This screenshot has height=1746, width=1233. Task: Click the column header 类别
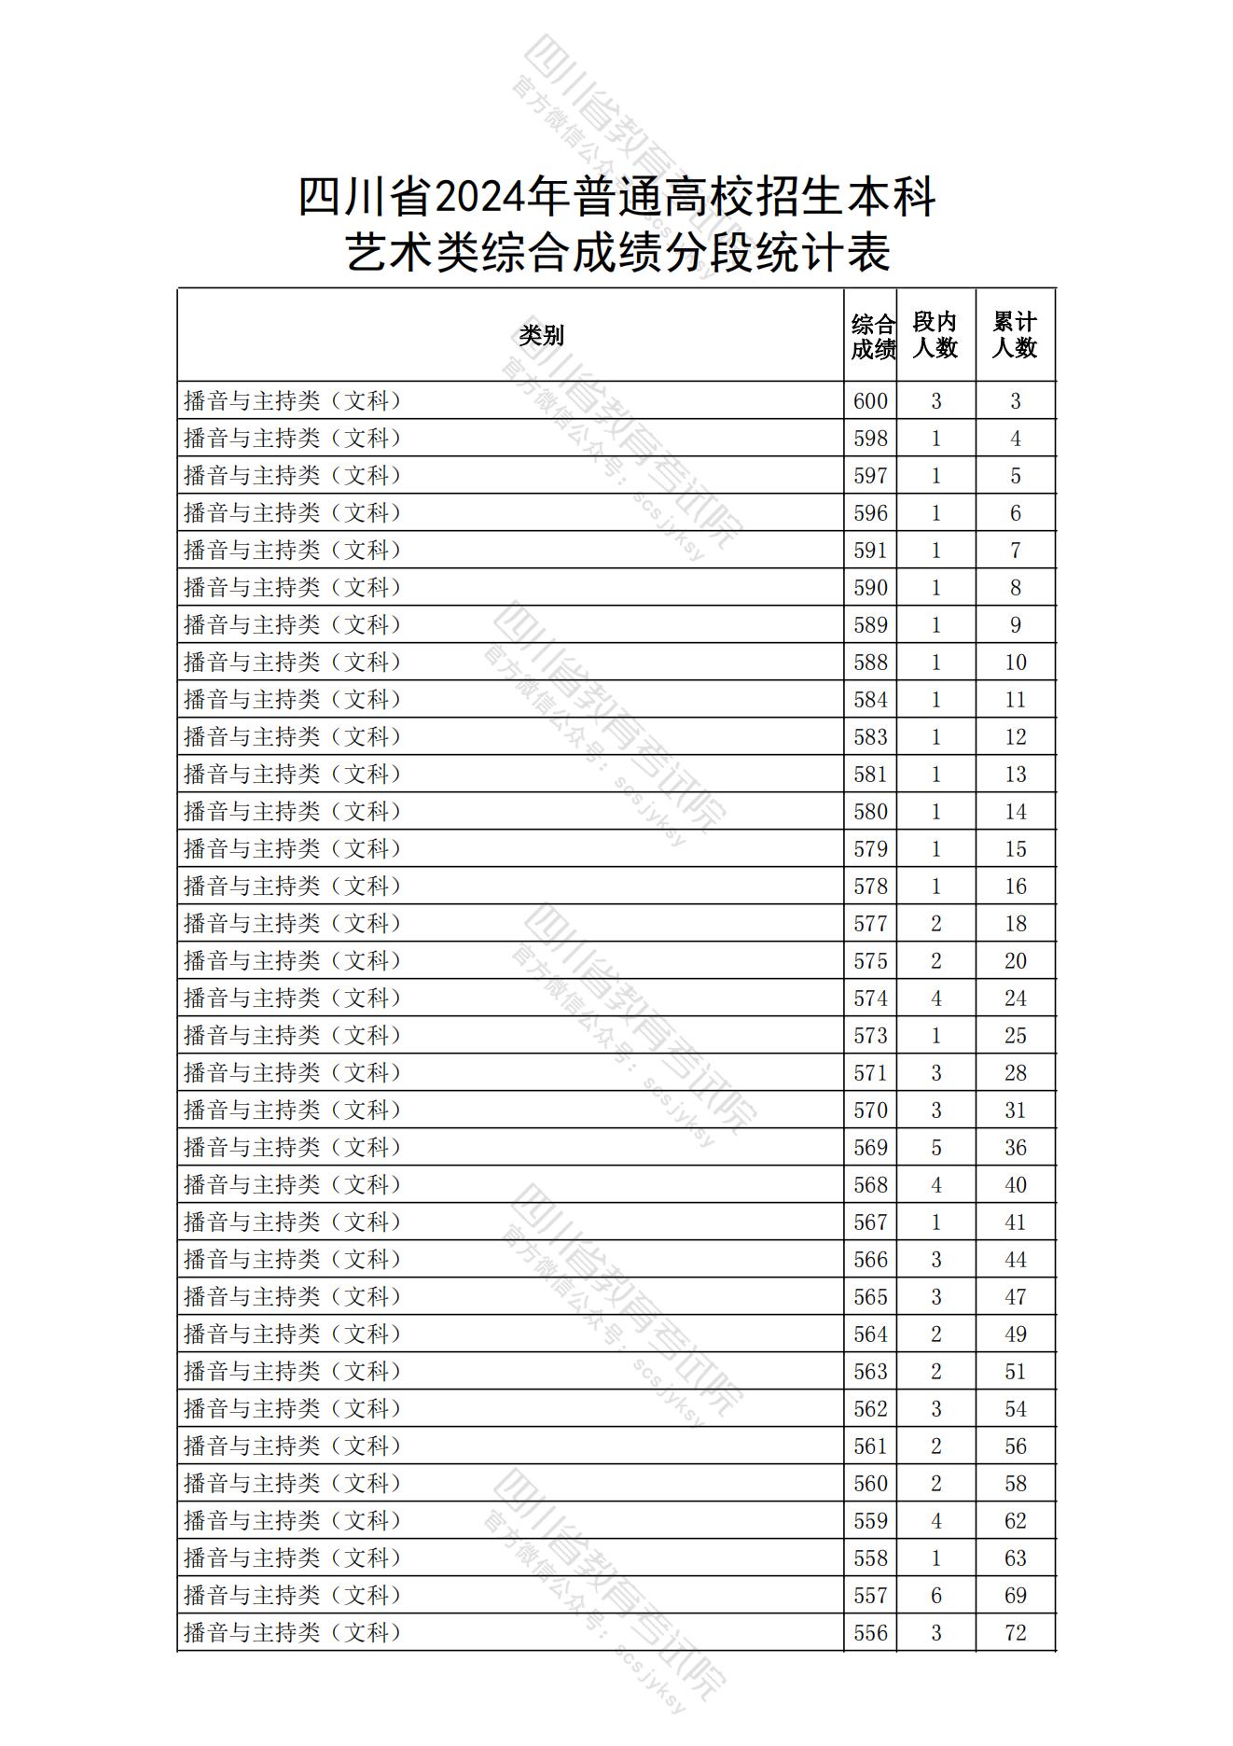pyautogui.click(x=541, y=335)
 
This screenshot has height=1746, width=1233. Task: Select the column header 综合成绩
pyautogui.click(x=872, y=336)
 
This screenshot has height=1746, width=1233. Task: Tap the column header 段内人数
pyautogui.click(x=935, y=335)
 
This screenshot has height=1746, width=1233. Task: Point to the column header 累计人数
pyautogui.click(x=1015, y=335)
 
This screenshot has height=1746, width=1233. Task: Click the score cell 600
pyautogui.click(x=870, y=401)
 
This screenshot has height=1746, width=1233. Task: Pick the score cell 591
pyautogui.click(x=870, y=551)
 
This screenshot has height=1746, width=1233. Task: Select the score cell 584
pyautogui.click(x=870, y=700)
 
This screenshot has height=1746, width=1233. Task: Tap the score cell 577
pyautogui.click(x=870, y=924)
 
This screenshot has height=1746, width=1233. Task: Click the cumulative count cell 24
pyautogui.click(x=1015, y=999)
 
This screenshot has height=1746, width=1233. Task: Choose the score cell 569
pyautogui.click(x=870, y=1148)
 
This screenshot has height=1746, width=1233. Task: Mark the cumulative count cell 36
pyautogui.click(x=1015, y=1148)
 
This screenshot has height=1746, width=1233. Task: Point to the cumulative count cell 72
pyautogui.click(x=1015, y=1633)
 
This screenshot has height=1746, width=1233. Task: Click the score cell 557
pyautogui.click(x=870, y=1596)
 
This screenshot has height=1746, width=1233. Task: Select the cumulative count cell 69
pyautogui.click(x=1015, y=1596)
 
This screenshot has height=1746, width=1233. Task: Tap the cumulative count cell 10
pyautogui.click(x=1015, y=663)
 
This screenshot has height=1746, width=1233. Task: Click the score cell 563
pyautogui.click(x=870, y=1372)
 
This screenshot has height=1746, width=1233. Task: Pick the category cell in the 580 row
pyautogui.click(x=293, y=812)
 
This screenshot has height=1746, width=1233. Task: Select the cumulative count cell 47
pyautogui.click(x=1015, y=1297)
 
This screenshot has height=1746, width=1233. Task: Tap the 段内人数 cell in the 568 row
pyautogui.click(x=935, y=1185)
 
